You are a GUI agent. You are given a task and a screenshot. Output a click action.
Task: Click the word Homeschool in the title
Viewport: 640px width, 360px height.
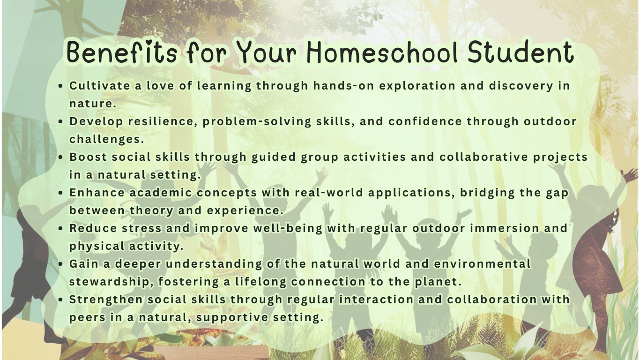(382, 52)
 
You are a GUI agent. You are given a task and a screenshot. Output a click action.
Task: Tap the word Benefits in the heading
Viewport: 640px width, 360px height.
(122, 52)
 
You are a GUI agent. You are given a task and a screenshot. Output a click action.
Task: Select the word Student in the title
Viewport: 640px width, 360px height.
(521, 52)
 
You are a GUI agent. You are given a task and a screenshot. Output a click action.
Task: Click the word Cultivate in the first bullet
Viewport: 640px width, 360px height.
(100, 85)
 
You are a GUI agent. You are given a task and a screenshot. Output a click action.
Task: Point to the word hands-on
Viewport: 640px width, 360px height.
(344, 85)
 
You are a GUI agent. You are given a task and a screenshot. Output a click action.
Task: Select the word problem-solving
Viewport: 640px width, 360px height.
(257, 122)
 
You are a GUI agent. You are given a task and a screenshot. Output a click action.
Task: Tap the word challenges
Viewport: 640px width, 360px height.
(106, 139)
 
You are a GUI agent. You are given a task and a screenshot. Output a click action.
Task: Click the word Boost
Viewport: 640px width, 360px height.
(88, 157)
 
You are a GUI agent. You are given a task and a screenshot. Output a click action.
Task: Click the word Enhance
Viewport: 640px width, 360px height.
(97, 193)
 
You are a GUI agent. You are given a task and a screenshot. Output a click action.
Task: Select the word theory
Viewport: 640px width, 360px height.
(151, 211)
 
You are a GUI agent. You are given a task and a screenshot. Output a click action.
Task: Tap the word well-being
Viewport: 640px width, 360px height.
(288, 229)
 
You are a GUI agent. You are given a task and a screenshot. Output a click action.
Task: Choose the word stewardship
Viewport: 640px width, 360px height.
(110, 282)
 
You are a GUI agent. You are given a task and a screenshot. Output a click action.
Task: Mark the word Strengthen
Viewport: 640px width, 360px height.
(106, 300)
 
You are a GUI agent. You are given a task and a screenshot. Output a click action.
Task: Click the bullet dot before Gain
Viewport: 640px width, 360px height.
(60, 264)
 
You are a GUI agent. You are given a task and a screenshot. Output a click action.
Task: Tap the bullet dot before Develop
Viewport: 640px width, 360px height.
(60, 121)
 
